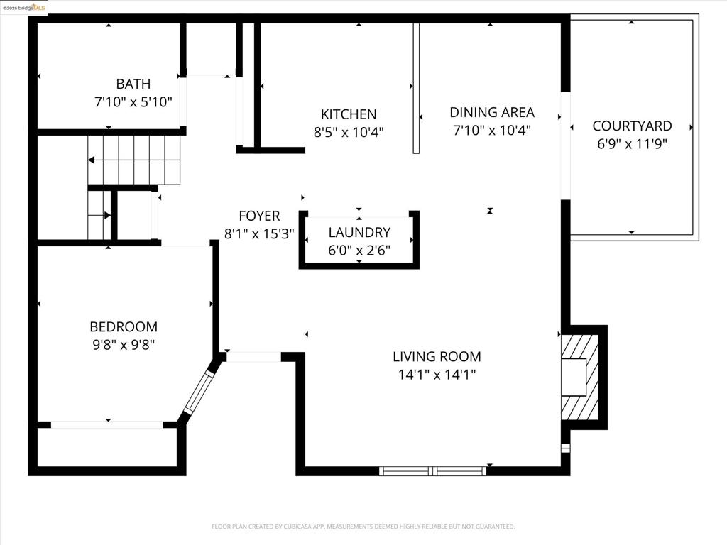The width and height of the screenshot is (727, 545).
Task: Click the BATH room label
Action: pos(133,84)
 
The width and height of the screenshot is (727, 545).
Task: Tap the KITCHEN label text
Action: pos(349,114)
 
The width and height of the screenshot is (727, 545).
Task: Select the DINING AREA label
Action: pos(492,112)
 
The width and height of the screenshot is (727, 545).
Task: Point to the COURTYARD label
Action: pos(632,126)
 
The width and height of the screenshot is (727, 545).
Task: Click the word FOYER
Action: pos(259,216)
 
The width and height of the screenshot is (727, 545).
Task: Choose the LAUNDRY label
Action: pos(359,232)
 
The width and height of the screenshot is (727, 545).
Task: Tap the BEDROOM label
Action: pos(124,327)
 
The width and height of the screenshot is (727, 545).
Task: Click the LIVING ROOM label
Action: pos(437,357)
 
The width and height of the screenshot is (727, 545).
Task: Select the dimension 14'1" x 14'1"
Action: pos(437,375)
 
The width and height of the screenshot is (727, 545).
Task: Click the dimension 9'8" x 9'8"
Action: pos(124,345)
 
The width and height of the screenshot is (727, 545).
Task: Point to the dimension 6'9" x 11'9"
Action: pos(632,144)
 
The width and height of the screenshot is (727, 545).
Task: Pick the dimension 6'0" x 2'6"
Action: pos(359,250)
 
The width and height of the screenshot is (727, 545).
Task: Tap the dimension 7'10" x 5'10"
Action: pos(133,102)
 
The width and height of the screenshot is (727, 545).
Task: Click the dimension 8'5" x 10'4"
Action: pos(349,132)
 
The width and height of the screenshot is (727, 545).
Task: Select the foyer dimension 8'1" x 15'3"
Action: pos(259,233)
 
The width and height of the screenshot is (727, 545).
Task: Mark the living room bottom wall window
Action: pos(433,470)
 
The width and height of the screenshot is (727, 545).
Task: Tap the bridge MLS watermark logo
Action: pos(24,7)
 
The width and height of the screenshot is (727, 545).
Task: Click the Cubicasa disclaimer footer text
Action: pos(363,527)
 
